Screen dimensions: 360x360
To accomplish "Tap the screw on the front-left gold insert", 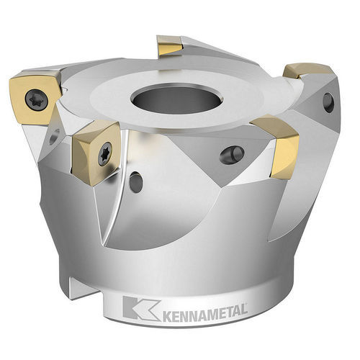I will [104, 153].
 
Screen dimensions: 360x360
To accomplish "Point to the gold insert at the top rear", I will [169, 46].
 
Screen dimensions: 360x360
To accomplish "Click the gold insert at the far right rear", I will [308, 71].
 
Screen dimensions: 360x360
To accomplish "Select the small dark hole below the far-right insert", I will [328, 102].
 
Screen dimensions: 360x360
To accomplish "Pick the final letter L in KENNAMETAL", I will [244, 310].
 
